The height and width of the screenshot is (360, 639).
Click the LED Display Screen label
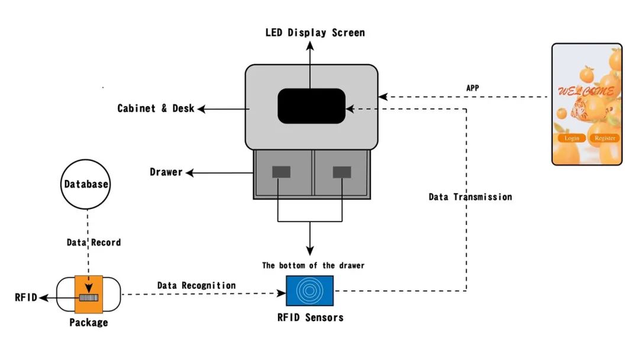[315, 33]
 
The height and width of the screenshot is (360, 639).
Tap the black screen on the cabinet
[311, 106]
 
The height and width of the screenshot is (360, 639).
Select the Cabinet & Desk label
[156, 108]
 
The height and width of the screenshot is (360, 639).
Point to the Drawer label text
[166, 172]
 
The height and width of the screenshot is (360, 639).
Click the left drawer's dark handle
[281, 172]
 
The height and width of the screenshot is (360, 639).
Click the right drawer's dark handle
[341, 172]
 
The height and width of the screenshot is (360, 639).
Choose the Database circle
[86, 184]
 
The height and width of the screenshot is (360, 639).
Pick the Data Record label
[93, 242]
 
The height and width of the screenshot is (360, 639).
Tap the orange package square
[89, 294]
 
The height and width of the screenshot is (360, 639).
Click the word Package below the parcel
[89, 323]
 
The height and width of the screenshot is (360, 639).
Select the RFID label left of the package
[26, 297]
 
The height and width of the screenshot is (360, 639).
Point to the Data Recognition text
[196, 285]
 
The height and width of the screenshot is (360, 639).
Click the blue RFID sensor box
[309, 290]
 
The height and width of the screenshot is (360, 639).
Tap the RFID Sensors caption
[310, 317]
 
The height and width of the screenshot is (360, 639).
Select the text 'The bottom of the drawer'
[313, 265]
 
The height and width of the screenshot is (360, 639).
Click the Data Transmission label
[470, 197]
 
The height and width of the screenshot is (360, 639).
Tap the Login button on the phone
[572, 138]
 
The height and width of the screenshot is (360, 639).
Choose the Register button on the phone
[605, 138]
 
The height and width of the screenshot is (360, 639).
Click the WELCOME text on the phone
[586, 92]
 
